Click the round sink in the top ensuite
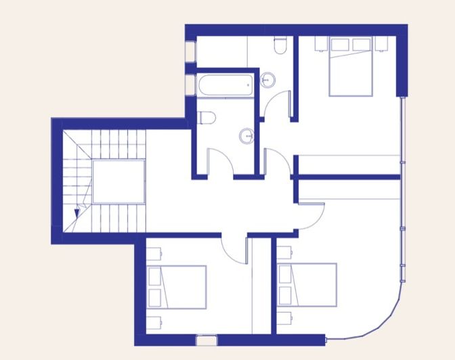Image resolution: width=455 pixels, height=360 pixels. (x=269, y=80)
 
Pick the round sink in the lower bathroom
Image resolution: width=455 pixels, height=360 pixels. (x=246, y=136)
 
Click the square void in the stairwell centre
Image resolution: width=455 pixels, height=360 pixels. (x=118, y=181)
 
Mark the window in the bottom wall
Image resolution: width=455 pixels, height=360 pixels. (x=204, y=340)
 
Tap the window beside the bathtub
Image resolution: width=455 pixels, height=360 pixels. (x=189, y=85)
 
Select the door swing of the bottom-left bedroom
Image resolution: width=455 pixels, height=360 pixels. (x=234, y=249)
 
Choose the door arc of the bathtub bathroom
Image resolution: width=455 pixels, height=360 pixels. (x=217, y=162)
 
